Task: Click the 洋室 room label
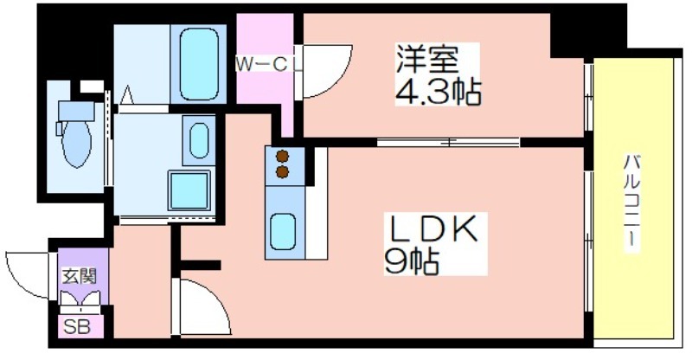click(426, 59)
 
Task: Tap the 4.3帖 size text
click(438, 92)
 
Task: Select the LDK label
click(432, 228)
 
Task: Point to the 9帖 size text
click(412, 261)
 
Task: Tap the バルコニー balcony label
click(632, 202)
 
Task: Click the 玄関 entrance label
click(80, 277)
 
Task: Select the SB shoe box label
click(77, 327)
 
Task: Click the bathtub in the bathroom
click(199, 64)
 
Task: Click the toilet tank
click(76, 111)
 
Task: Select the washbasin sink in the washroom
click(199, 140)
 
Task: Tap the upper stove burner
click(283, 157)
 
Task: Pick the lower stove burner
click(283, 172)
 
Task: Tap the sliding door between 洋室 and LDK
click(448, 142)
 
